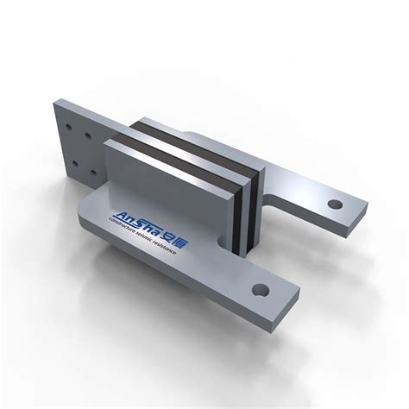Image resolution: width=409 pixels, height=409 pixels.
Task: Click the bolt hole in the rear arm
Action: pyautogui.click(x=334, y=205)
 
